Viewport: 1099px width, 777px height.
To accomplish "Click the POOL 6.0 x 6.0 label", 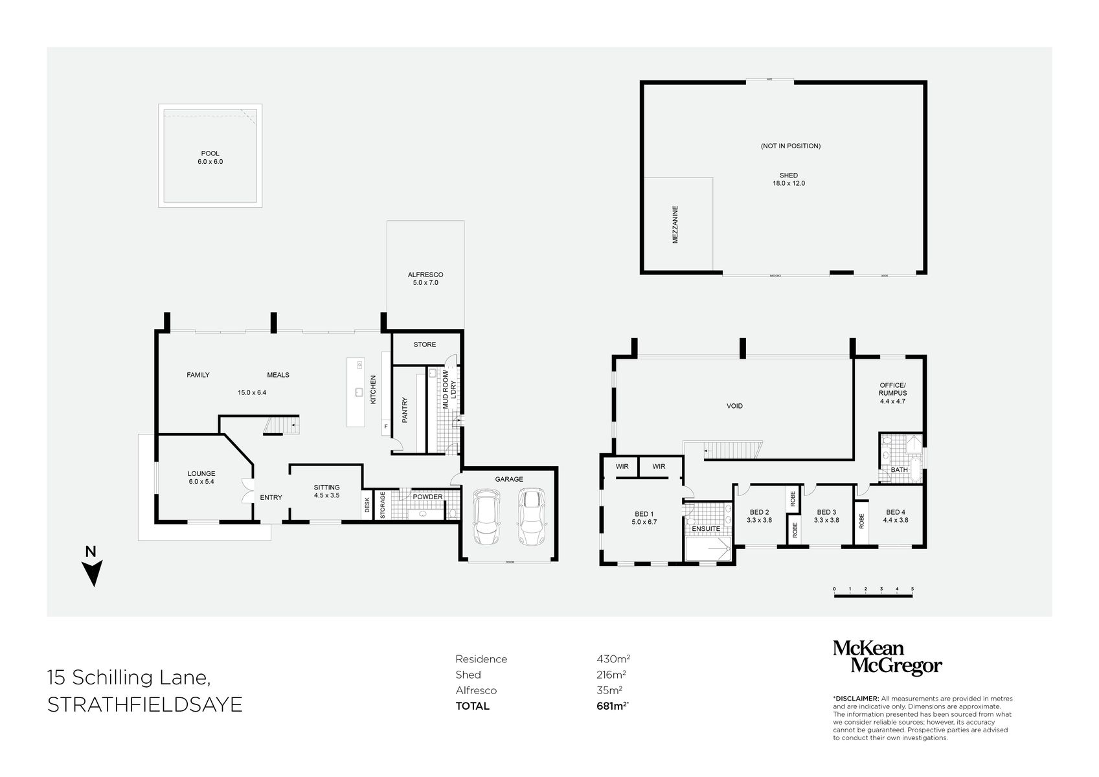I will pos(210,157).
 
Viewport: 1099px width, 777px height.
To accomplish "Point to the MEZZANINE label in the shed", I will pos(675,224).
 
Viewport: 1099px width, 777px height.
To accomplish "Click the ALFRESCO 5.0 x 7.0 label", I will pos(425,278).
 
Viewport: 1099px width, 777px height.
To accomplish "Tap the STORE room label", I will pos(425,344).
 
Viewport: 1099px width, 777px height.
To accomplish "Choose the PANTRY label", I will pos(405,410).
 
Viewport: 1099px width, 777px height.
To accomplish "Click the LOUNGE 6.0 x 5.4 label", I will pos(201,477).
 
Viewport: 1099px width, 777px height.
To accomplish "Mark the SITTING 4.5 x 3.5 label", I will pos(326,491).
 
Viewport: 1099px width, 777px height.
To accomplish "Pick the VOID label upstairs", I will pos(734,406).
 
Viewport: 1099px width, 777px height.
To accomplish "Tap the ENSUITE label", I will pos(705,528).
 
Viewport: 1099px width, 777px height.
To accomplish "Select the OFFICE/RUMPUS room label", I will pos(892,392).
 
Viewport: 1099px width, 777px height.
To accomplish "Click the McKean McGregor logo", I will pos(887,657).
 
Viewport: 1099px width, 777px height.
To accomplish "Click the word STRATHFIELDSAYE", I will pos(145,705).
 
